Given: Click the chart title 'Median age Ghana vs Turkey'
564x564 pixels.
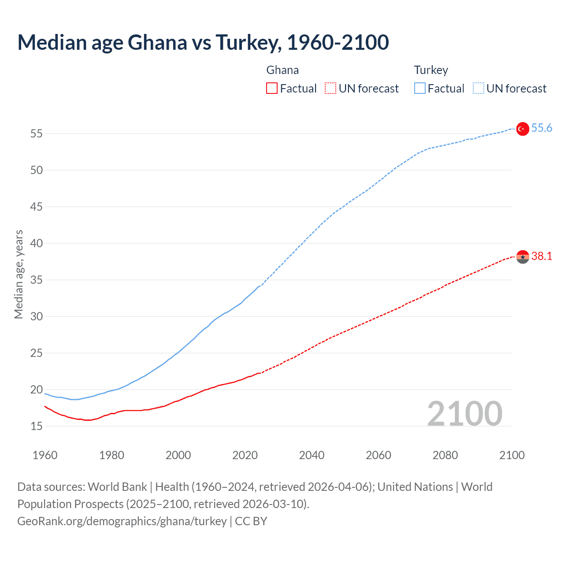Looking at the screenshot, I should pos(203,42).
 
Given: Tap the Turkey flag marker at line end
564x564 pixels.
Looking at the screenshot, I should pos(522,129).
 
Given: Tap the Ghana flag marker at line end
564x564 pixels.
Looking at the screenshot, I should pos(522,257).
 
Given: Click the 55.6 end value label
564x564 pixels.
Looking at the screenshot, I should pos(542,128).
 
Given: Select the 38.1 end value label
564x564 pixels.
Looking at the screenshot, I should pos(542,256).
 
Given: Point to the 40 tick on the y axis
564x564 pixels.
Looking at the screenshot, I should pos(37,243).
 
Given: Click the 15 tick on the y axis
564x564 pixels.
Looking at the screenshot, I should pos(37,426).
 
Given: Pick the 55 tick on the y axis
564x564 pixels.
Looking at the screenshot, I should pos(37,134).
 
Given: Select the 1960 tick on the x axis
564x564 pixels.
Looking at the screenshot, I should pos(45,455).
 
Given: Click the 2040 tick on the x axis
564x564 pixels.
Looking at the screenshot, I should pos(312,455).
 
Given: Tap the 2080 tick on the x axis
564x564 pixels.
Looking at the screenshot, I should pos(445,455).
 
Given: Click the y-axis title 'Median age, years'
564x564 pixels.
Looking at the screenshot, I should pos(19,274).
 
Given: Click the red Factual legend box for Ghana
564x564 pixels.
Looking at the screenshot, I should pos(272,89).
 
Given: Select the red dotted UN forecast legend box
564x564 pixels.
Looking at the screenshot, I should pos(330,89).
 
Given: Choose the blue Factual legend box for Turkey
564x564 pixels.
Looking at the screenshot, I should pos(419,89).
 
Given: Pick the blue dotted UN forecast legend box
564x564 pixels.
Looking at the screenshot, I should pos(478,89).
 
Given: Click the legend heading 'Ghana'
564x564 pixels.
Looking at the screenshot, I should pos(282,70).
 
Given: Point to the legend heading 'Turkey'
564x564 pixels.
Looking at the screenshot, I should pos(431,70).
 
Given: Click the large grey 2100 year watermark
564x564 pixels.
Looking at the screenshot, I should pos(464,413).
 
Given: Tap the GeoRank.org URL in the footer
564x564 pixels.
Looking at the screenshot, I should pos(122,521).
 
